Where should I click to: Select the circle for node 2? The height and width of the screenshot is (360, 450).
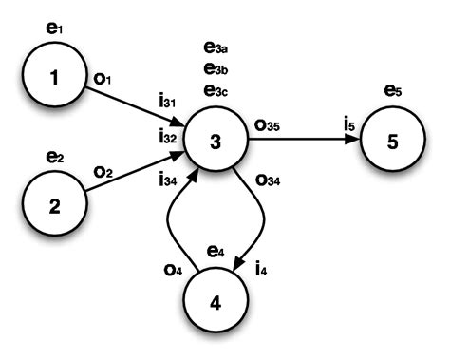55,203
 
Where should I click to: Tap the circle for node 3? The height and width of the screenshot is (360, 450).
215,142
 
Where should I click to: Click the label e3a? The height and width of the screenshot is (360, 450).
216,47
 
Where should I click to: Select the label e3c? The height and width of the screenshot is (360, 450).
216,90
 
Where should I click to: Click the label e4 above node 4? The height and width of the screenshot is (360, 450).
216,252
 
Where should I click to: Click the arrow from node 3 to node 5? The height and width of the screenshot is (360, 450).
304,142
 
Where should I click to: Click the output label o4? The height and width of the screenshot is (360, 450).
172,269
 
